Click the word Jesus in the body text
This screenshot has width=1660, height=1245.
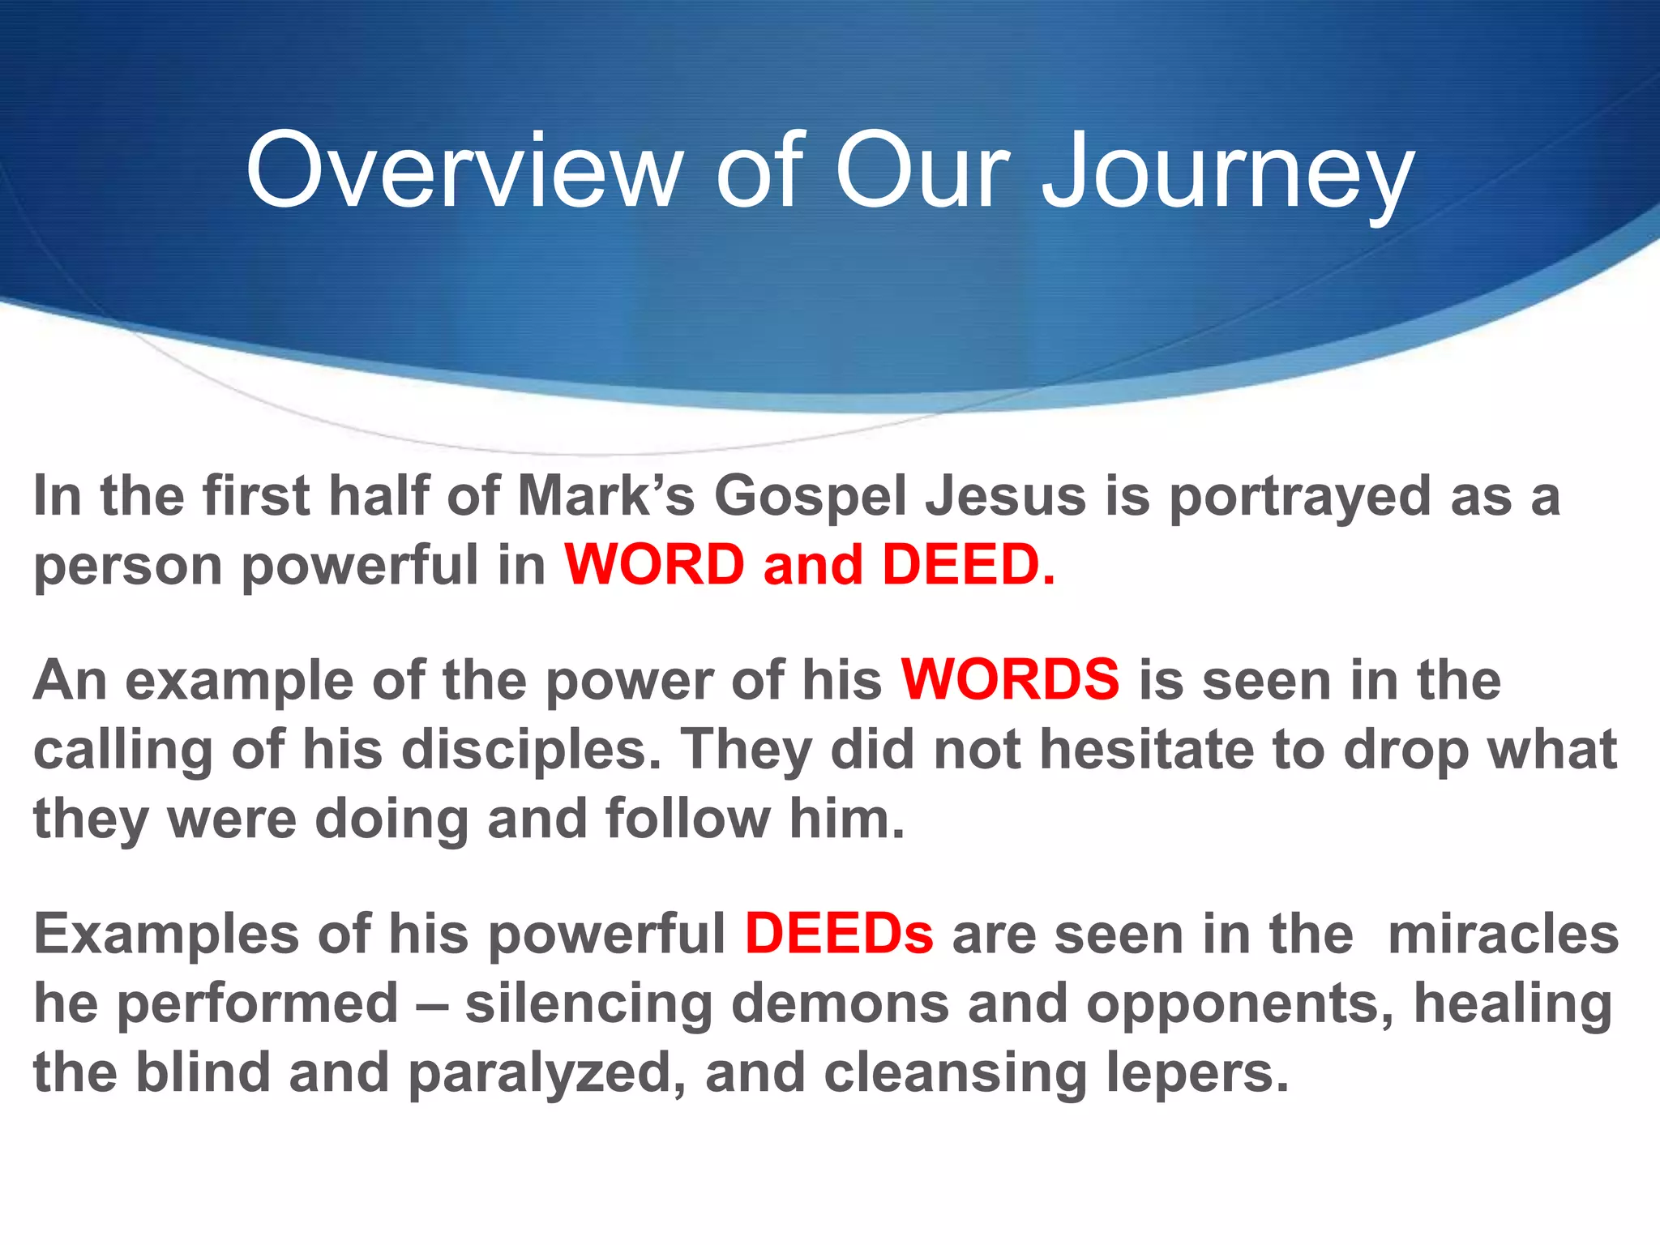coord(1006,496)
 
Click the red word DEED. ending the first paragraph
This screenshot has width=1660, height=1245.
coord(969,564)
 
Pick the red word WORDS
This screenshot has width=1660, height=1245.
coord(1010,679)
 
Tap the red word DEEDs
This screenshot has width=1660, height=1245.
coord(839,934)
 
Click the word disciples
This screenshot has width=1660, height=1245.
coord(531,750)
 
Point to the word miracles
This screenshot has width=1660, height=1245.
coord(1503,934)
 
